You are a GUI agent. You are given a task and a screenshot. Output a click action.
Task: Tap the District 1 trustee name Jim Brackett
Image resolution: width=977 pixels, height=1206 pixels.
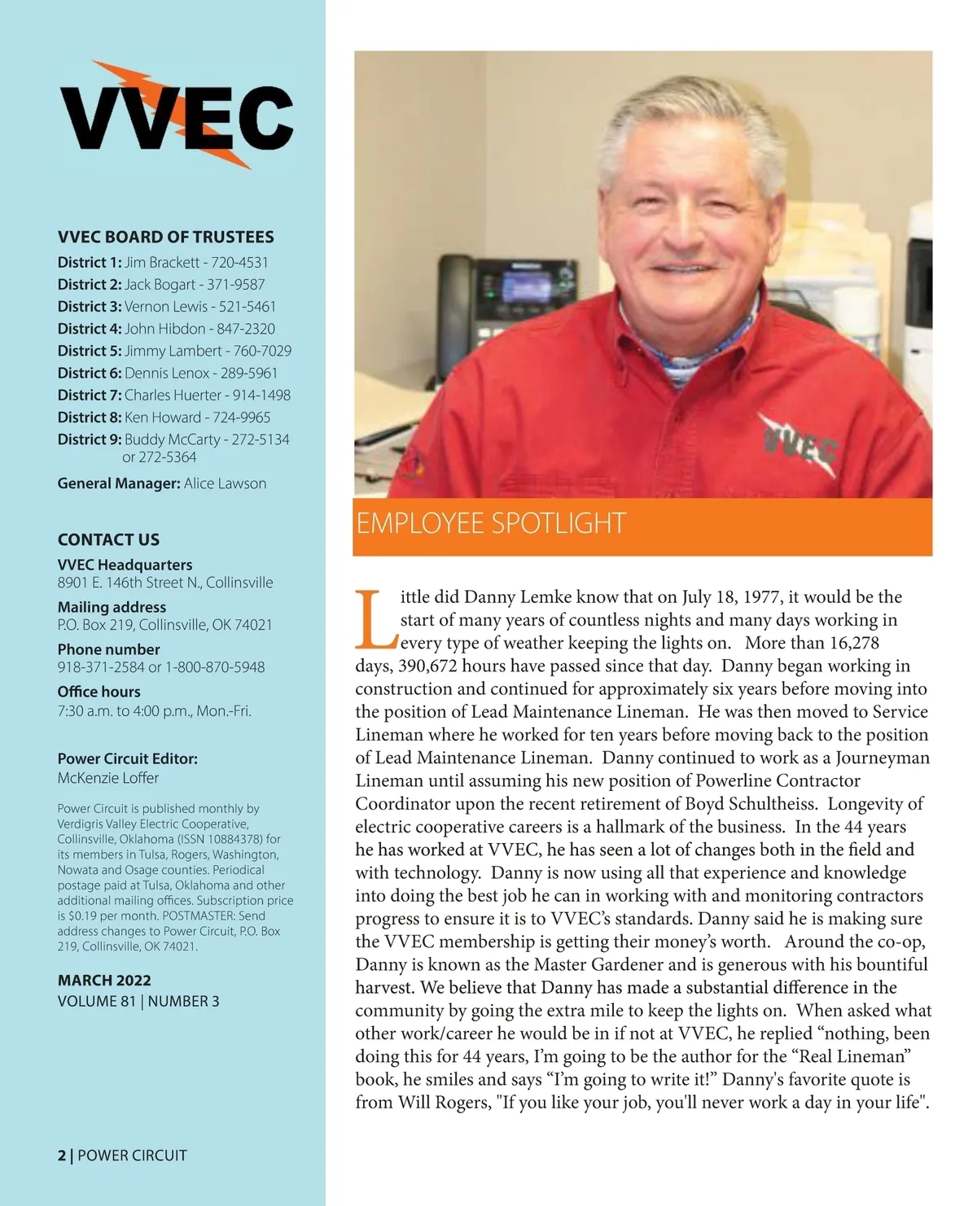tap(161, 262)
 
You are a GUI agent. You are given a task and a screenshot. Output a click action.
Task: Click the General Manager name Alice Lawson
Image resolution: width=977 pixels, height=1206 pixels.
tap(225, 483)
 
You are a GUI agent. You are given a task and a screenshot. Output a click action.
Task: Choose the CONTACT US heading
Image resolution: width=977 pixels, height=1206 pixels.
tap(108, 540)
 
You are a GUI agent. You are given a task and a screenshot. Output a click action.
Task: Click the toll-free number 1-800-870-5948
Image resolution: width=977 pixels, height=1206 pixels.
tap(215, 667)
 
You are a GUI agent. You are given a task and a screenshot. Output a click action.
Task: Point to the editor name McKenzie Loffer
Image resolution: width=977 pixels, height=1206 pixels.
tap(107, 778)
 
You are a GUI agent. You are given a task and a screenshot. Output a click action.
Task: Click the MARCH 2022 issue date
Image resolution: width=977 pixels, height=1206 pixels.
tap(104, 981)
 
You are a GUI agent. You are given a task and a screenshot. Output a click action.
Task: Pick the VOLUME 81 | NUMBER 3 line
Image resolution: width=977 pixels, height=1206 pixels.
tap(138, 1001)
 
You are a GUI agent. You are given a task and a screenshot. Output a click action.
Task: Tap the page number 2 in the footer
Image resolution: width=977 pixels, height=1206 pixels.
tap(61, 1156)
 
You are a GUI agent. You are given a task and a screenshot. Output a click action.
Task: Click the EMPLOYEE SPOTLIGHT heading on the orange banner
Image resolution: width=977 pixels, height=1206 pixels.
tap(491, 523)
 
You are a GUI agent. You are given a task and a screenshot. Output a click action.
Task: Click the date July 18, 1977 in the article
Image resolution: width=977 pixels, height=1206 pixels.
tap(728, 596)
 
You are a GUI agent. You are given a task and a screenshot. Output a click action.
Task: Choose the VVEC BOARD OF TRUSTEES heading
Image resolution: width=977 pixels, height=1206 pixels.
tap(165, 237)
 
